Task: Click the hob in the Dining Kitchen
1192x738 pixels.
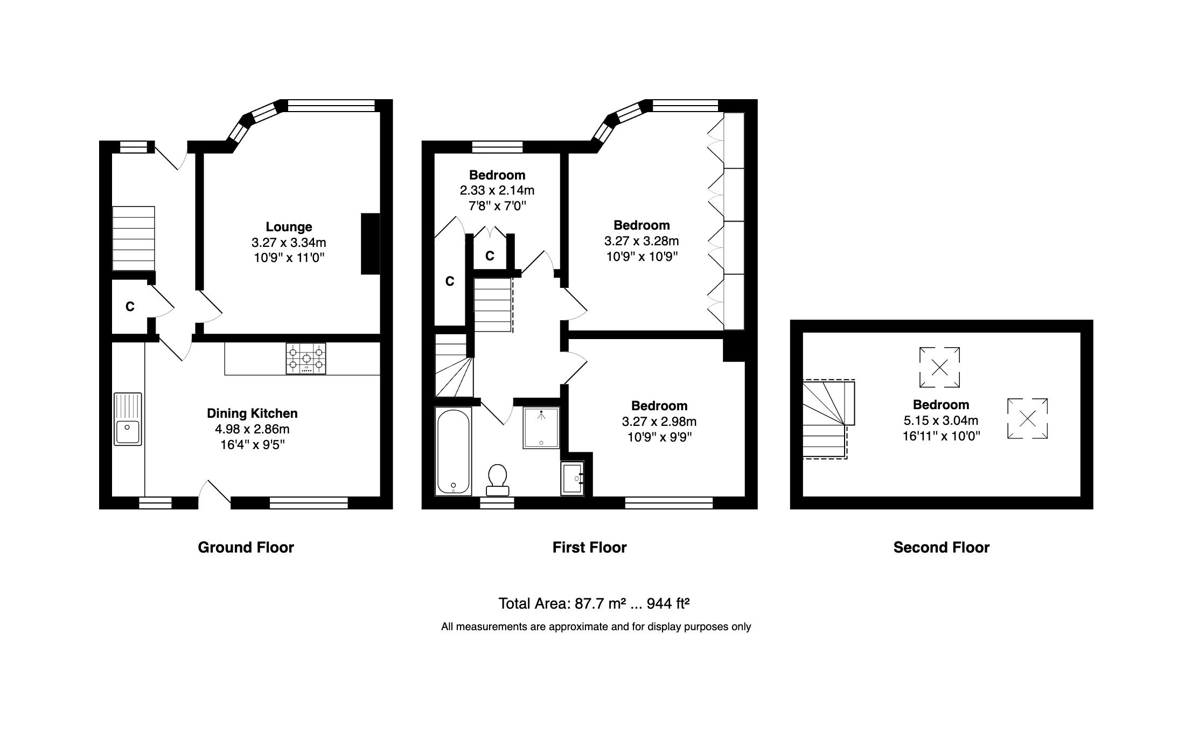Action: (x=305, y=359)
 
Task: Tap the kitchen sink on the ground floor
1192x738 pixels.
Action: (x=128, y=419)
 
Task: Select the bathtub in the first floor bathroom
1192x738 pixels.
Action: (x=453, y=451)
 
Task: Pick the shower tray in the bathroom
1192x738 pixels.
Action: (x=541, y=427)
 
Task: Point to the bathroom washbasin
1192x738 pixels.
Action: (x=572, y=478)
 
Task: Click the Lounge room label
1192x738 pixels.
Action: (x=289, y=227)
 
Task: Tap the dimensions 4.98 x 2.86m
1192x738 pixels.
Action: (x=252, y=429)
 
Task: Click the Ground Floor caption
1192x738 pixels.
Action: (x=246, y=548)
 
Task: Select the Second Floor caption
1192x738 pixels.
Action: (x=941, y=548)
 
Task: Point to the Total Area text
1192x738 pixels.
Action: (x=594, y=603)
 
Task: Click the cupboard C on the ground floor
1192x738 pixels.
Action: (x=130, y=307)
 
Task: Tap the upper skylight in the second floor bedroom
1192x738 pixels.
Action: (x=939, y=368)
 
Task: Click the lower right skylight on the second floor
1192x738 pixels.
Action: (x=1027, y=418)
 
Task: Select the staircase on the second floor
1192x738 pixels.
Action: (x=825, y=420)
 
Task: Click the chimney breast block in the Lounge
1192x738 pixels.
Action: (x=370, y=244)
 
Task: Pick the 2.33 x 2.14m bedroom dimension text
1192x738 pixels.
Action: (x=497, y=190)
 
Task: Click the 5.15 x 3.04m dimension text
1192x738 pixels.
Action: (x=940, y=420)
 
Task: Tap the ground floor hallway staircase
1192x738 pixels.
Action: (x=133, y=238)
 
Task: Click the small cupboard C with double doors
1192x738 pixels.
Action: (x=490, y=256)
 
